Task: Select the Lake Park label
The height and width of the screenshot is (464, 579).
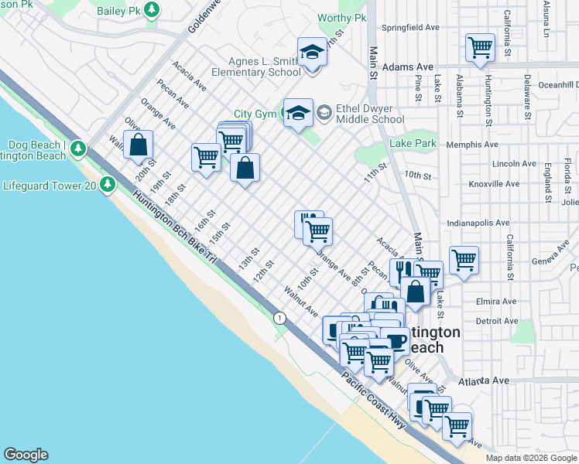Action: (413, 143)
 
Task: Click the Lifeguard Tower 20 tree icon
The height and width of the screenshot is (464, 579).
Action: (108, 184)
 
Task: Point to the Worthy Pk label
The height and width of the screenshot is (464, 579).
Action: (341, 18)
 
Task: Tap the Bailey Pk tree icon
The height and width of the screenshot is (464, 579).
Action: (153, 11)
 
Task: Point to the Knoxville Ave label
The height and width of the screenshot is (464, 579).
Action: (494, 184)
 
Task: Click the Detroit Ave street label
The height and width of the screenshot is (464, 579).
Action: (497, 320)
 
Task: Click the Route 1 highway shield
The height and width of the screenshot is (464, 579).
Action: (279, 318)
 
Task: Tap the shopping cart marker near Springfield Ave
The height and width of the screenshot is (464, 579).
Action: (480, 47)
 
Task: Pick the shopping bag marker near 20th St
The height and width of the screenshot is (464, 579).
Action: (138, 145)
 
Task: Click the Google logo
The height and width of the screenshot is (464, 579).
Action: (26, 455)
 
